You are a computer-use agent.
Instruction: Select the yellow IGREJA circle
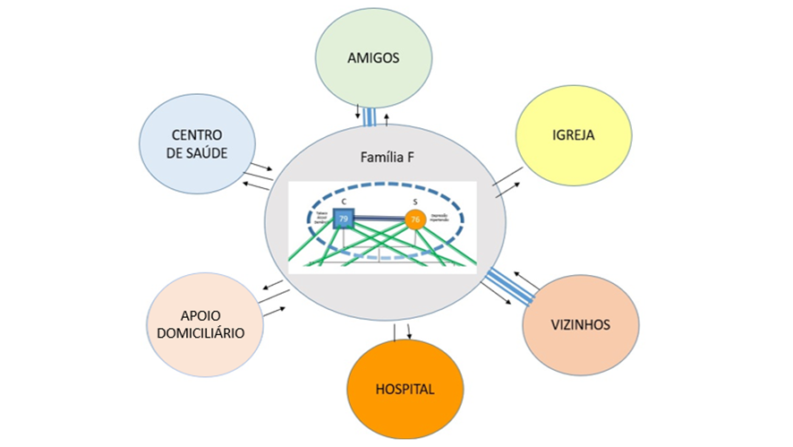[574, 136]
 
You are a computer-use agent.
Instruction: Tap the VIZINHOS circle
[581, 324]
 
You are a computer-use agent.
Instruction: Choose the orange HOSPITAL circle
[405, 389]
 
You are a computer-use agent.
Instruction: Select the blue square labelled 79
[343, 219]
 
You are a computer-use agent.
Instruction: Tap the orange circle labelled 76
[414, 219]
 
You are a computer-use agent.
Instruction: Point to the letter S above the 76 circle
[414, 202]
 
